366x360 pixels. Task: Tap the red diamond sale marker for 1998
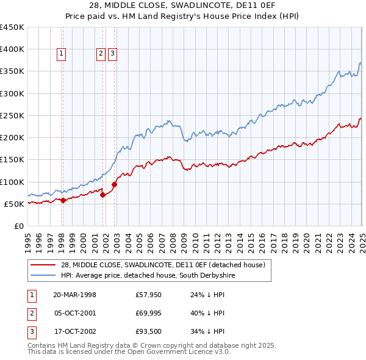point(63,200)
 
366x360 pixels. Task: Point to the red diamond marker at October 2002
point(114,184)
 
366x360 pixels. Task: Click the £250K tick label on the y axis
point(12,115)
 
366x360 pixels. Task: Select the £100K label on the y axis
point(12,182)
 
